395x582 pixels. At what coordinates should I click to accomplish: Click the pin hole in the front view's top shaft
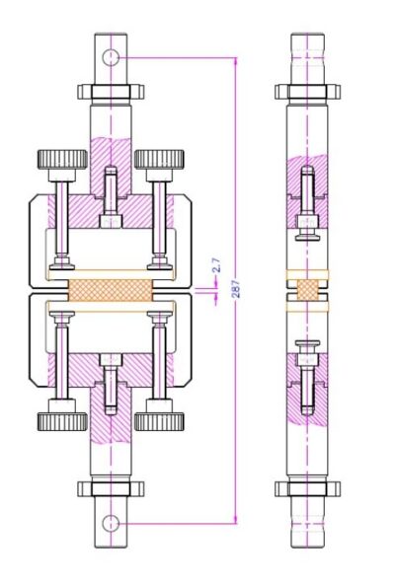(x=111, y=56)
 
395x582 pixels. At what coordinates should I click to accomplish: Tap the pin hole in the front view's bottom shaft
(x=111, y=522)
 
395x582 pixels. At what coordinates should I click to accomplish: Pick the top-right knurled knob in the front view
(x=158, y=159)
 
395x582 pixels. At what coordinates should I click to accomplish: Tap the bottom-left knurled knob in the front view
(x=62, y=421)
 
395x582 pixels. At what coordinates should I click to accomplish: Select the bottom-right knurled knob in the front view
(x=158, y=421)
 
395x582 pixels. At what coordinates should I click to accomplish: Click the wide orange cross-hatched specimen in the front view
(x=111, y=290)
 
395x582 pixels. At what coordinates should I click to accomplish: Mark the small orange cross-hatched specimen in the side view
(x=307, y=289)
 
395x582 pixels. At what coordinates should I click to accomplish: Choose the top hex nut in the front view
(x=111, y=92)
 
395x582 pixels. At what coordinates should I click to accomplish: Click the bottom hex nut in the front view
(x=111, y=487)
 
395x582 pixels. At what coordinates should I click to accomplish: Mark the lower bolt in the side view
(x=307, y=367)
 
